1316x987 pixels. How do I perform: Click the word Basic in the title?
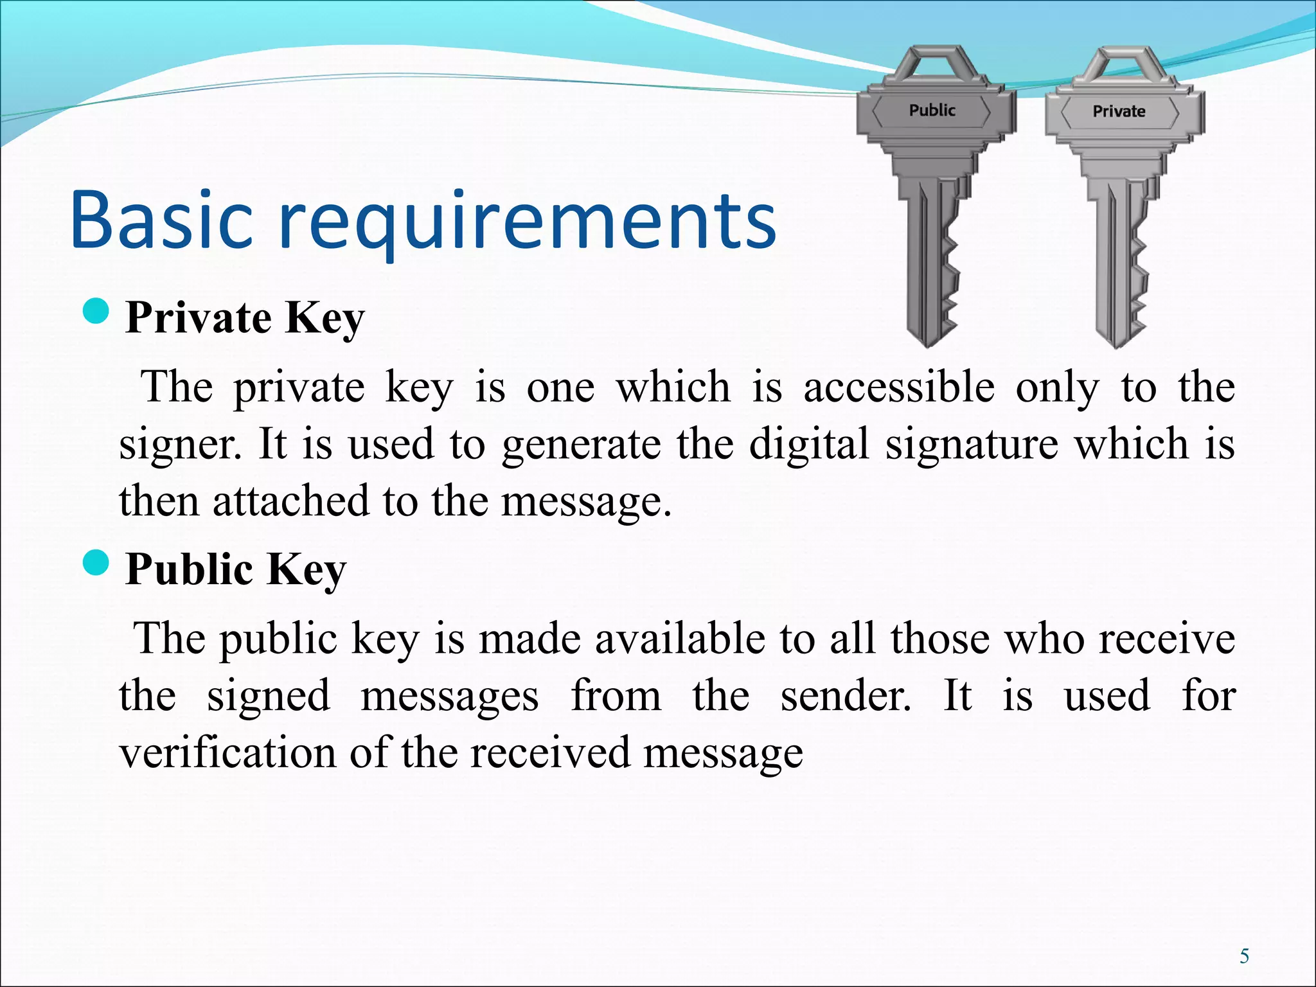pyautogui.click(x=161, y=220)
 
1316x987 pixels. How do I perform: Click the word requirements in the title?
pyautogui.click(x=527, y=222)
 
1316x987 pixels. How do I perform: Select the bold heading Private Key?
pyautogui.click(x=245, y=317)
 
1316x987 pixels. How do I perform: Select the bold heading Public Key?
pyautogui.click(x=236, y=569)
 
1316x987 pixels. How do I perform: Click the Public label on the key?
pyautogui.click(x=932, y=111)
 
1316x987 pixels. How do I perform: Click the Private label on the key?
pyautogui.click(x=1119, y=111)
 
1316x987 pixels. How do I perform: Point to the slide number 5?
pyautogui.click(x=1245, y=956)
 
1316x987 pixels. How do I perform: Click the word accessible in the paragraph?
pyautogui.click(x=899, y=387)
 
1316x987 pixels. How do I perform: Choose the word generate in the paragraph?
pyautogui.click(x=581, y=445)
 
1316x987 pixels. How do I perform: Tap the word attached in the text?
pyautogui.click(x=290, y=501)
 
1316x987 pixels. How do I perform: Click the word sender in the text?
pyautogui.click(x=845, y=696)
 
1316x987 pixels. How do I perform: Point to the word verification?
pyautogui.click(x=227, y=752)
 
